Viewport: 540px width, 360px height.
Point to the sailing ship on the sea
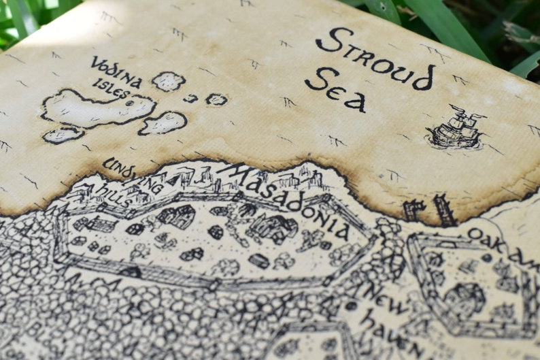click(455, 129)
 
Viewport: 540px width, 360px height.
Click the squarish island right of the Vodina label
click(168, 82)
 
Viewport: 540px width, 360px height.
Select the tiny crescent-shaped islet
click(191, 98)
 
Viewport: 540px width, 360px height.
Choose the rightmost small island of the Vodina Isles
click(216, 99)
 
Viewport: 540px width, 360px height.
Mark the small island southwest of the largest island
click(63, 135)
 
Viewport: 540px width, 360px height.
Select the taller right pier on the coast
click(444, 210)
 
